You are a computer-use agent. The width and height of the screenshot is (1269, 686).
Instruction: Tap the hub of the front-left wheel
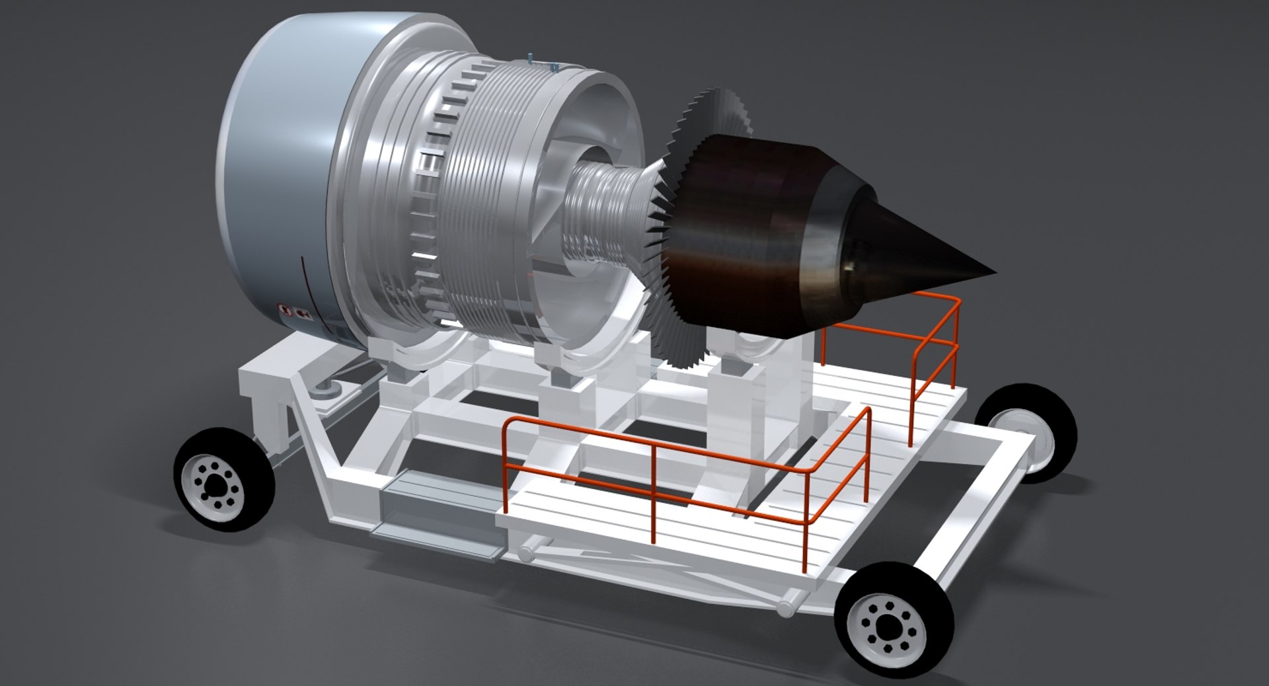point(213,487)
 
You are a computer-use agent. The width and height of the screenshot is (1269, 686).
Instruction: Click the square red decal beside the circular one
point(305,313)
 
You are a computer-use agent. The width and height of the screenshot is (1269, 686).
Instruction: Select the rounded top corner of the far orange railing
point(954,301)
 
